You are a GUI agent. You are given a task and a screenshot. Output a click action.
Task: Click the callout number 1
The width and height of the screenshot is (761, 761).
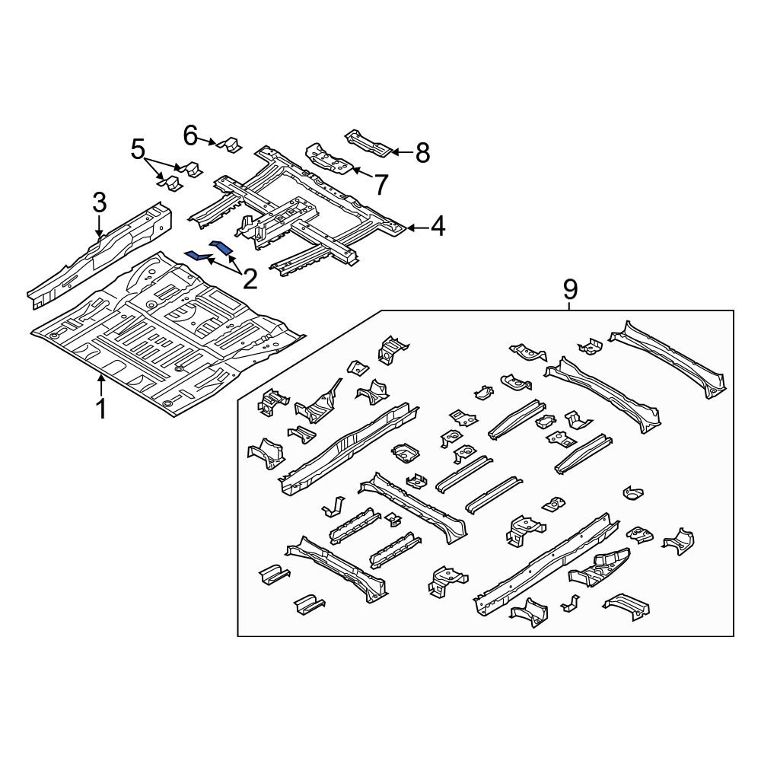[x=100, y=409]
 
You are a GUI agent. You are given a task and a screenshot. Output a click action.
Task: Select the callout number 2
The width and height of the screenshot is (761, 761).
[x=250, y=279]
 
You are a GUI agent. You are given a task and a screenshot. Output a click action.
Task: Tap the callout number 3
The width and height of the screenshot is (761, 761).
[x=100, y=203]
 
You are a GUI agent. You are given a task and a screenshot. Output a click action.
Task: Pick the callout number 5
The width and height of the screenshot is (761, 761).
[x=138, y=148]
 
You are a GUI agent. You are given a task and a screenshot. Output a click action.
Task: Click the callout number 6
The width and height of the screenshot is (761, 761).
[x=191, y=135]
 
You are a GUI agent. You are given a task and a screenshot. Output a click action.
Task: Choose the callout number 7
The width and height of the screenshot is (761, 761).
[x=380, y=183]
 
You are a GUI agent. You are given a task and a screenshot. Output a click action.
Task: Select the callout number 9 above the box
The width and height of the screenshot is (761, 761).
[x=570, y=289]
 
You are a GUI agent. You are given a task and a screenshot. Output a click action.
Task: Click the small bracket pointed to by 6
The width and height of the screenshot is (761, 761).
[x=228, y=143]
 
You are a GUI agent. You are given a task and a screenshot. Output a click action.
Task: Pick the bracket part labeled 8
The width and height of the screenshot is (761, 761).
[x=370, y=143]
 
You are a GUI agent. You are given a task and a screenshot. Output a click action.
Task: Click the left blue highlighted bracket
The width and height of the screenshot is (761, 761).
[x=199, y=256]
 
